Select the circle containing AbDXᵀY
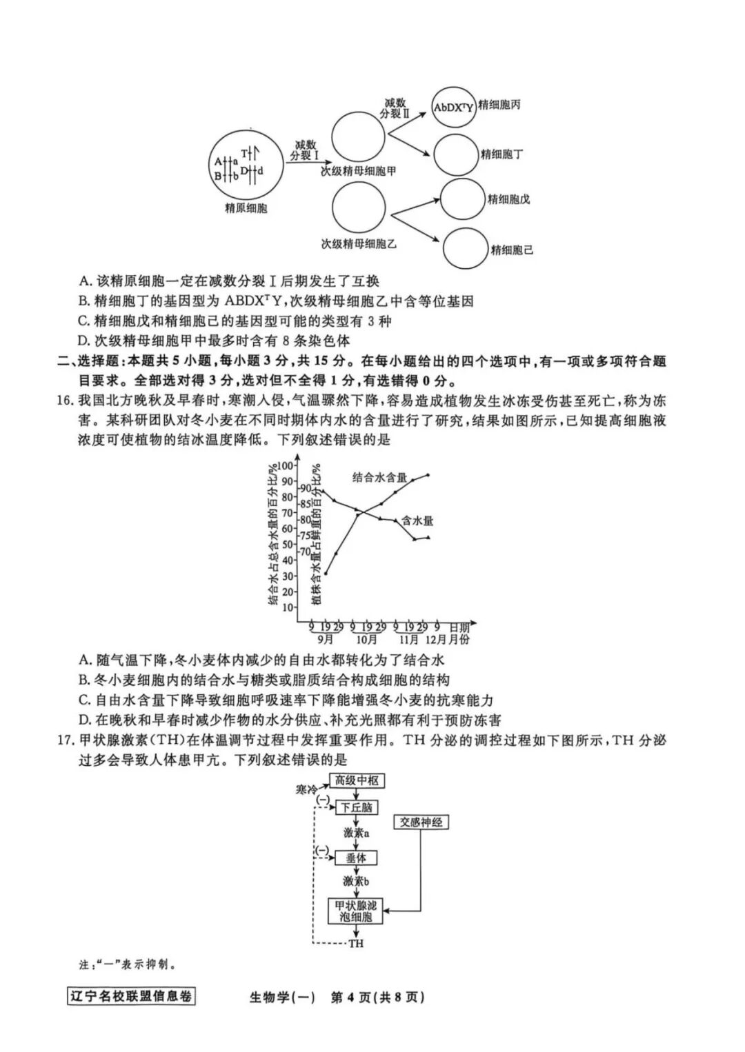(x=453, y=108)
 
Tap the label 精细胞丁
(x=501, y=154)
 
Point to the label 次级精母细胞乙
(x=358, y=243)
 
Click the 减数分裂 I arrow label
(x=305, y=150)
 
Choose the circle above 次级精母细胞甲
(x=358, y=136)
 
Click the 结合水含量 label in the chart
(x=379, y=478)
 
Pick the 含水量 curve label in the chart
(x=417, y=521)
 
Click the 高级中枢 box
(x=357, y=780)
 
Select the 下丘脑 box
(x=357, y=807)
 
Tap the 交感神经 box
(x=421, y=822)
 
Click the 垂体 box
(x=357, y=858)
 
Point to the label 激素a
(x=357, y=833)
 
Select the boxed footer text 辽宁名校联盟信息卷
(x=130, y=996)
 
